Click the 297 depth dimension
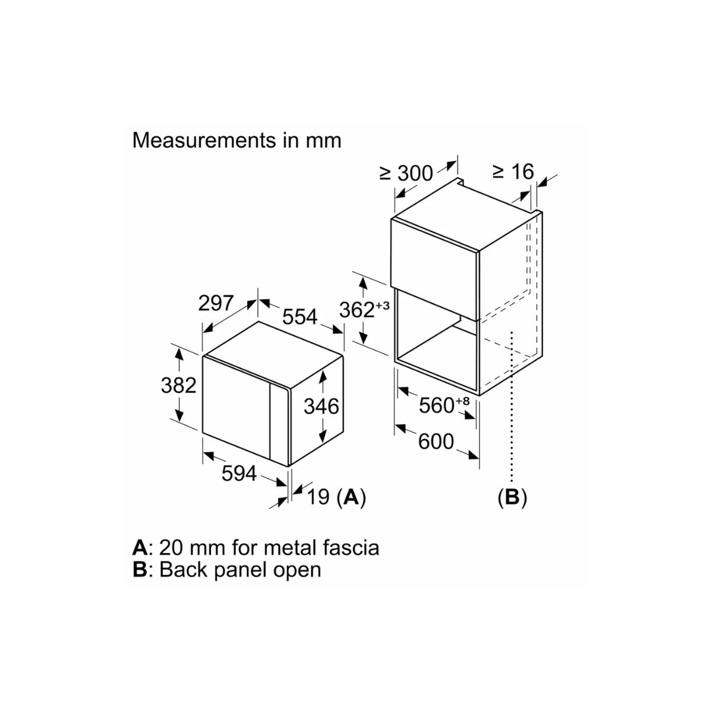[x=216, y=303]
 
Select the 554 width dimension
[x=299, y=317]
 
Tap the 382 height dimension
[x=178, y=385]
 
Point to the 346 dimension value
[x=321, y=406]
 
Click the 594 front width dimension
[x=239, y=474]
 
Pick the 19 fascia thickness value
[x=319, y=497]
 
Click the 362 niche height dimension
[x=356, y=310]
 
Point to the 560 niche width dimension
[x=437, y=406]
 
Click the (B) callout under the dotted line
[x=512, y=497]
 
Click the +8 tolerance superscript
[x=463, y=401]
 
